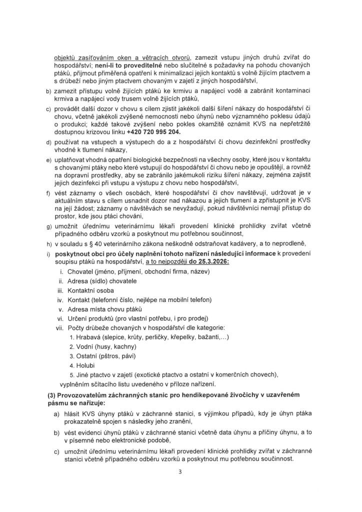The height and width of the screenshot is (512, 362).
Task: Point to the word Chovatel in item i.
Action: [x=79, y=271]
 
